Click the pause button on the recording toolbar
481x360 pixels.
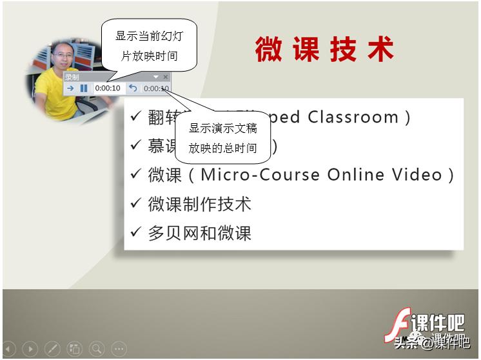[84, 88]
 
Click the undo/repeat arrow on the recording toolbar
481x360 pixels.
[133, 88]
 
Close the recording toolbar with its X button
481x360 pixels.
[166, 77]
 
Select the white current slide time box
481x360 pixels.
[108, 88]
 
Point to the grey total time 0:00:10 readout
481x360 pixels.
[156, 88]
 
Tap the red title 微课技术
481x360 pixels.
[324, 50]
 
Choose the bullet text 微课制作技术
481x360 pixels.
[199, 204]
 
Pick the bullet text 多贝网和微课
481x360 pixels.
[199, 233]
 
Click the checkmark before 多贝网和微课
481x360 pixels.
[135, 232]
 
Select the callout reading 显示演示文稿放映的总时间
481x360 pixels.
[223, 138]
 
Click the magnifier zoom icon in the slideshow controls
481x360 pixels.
[97, 349]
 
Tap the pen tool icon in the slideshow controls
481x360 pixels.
[52, 349]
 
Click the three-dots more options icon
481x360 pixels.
[119, 349]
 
